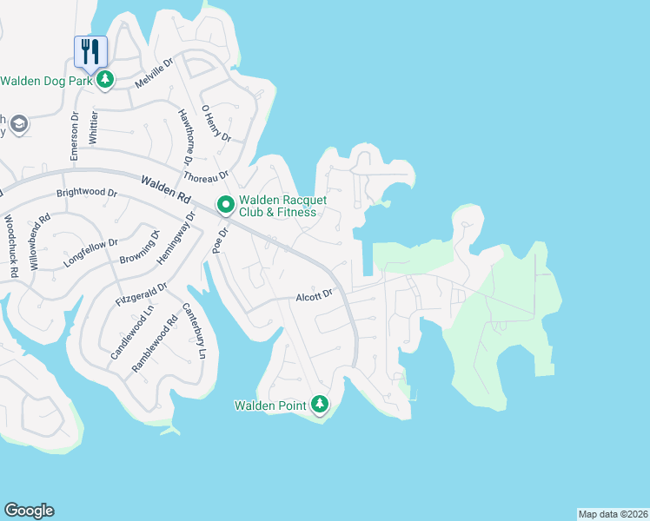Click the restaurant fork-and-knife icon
(x=90, y=51)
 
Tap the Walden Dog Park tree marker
(x=105, y=81)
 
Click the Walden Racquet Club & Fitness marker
(x=226, y=205)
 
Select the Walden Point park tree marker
(x=321, y=405)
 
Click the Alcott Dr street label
(x=314, y=295)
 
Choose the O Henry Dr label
(x=216, y=124)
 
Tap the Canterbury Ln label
(x=195, y=331)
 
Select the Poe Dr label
(x=218, y=241)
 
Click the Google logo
(x=29, y=511)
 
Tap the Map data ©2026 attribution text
(x=613, y=514)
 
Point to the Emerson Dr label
(x=75, y=135)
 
